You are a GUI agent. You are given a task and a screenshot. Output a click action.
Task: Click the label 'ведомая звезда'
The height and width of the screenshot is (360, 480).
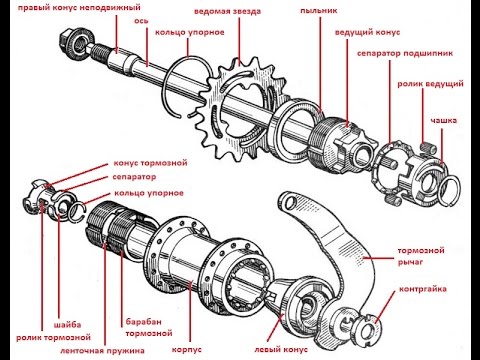pyautogui.click(x=228, y=11)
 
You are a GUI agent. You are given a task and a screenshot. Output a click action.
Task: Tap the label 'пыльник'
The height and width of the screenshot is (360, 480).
pyautogui.click(x=319, y=10)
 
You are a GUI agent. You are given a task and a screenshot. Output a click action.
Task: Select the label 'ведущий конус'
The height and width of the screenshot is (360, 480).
pyautogui.click(x=367, y=33)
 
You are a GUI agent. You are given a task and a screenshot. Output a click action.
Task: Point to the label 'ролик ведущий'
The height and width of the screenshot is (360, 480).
pyautogui.click(x=430, y=84)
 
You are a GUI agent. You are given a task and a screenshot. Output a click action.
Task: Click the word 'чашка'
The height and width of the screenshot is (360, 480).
pyautogui.click(x=443, y=120)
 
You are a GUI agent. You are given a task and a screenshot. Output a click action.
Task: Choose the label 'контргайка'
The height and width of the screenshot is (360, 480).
pyautogui.click(x=423, y=289)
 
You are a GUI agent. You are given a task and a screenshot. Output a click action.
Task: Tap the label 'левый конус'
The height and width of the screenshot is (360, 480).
pyautogui.click(x=281, y=350)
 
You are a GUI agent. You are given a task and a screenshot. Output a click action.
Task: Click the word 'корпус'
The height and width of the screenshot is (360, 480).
pyautogui.click(x=187, y=350)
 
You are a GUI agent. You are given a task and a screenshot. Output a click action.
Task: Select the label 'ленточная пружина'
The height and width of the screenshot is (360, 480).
pyautogui.click(x=102, y=351)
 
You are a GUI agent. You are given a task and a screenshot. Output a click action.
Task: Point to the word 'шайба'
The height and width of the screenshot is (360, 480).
pyautogui.click(x=67, y=325)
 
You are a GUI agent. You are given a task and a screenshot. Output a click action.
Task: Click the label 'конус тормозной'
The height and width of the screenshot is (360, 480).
pyautogui.click(x=150, y=163)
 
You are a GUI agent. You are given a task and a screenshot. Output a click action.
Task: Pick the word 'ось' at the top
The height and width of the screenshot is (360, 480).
pyautogui.click(x=141, y=21)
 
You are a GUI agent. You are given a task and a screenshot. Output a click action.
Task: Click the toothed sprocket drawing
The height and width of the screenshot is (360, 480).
pyautogui.click(x=243, y=108)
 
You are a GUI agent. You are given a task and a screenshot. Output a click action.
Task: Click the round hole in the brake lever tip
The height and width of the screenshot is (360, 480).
pyautogui.click(x=290, y=202)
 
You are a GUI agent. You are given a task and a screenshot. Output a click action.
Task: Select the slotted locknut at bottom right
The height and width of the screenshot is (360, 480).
pyautogui.click(x=369, y=329)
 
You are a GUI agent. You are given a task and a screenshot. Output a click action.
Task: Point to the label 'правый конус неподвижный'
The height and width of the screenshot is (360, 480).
pyautogui.click(x=79, y=7)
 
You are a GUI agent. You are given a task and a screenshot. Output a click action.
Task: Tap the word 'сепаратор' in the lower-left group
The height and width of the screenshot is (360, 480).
pyautogui.click(x=134, y=177)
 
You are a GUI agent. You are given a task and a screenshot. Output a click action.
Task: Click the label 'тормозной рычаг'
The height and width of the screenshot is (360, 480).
pyautogui.click(x=421, y=256)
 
